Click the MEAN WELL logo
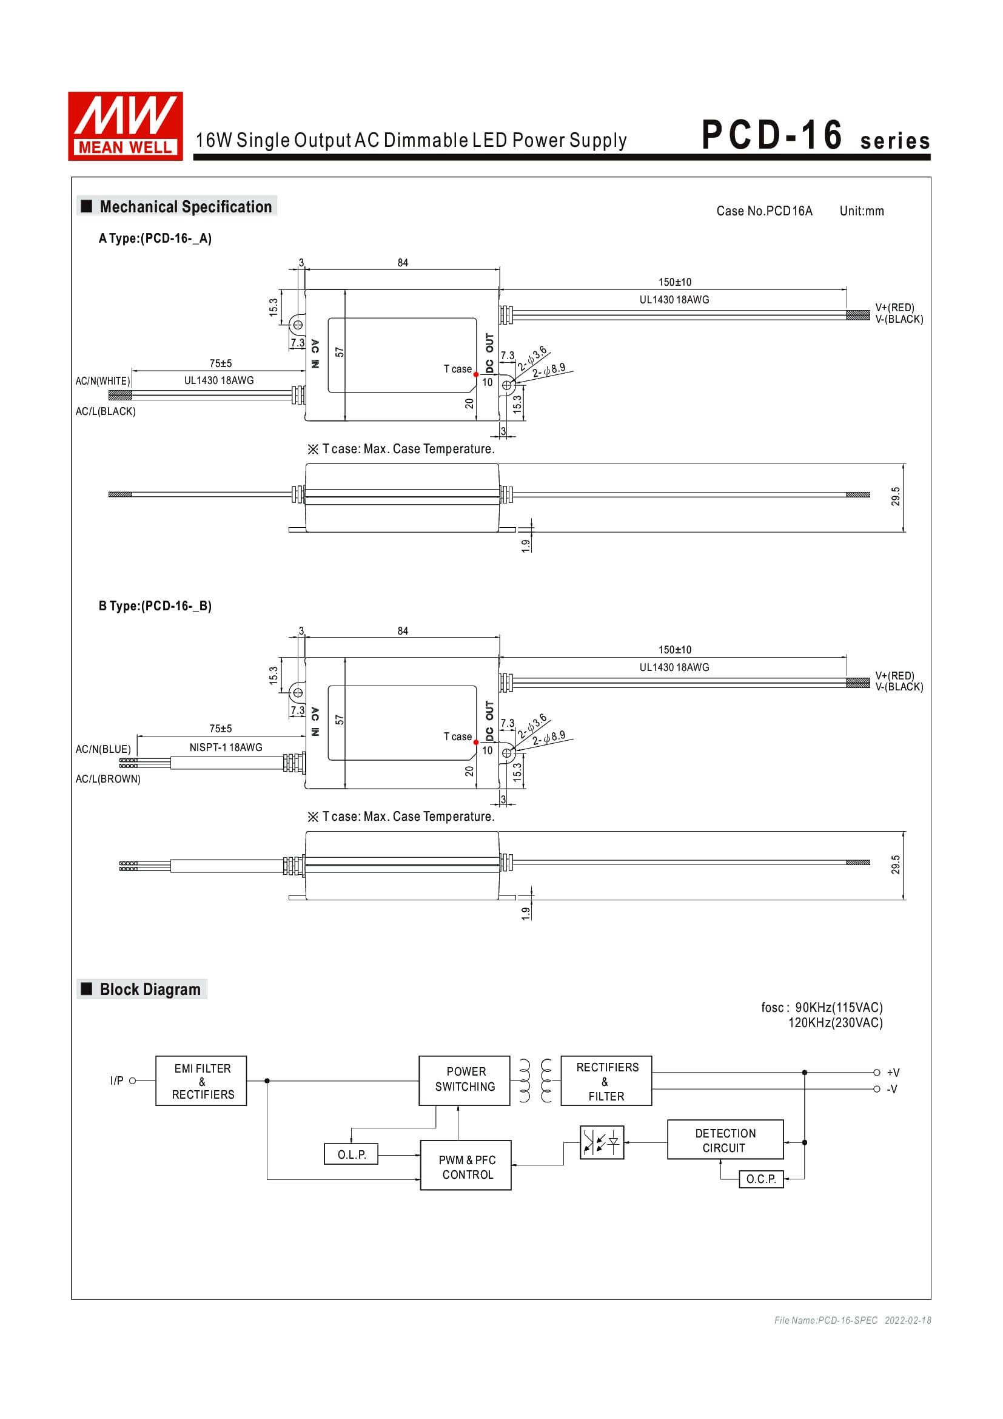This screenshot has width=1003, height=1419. (x=126, y=126)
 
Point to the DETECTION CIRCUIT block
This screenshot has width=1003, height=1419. (x=725, y=1140)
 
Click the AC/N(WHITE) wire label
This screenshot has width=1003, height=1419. (x=102, y=382)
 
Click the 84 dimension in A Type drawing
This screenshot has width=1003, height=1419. (x=403, y=263)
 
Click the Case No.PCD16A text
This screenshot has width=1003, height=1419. (x=764, y=211)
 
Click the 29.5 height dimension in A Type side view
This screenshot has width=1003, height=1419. (x=895, y=496)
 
